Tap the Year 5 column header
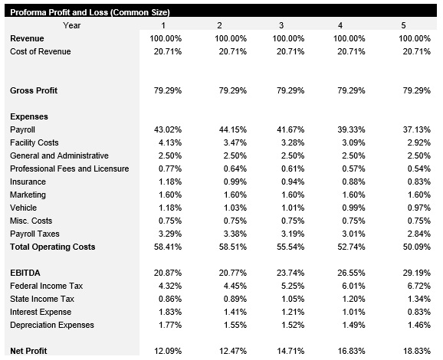pyautogui.click(x=403, y=26)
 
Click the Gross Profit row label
pyautogui.click(x=34, y=91)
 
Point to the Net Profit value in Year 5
pyautogui.click(x=415, y=351)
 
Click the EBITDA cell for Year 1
pyautogui.click(x=169, y=273)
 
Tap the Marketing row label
pyautogui.click(x=28, y=195)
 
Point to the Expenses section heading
pyautogui.click(x=29, y=116)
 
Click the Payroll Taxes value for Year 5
pyautogui.click(x=417, y=234)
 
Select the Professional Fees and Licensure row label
pyautogui.click(x=70, y=169)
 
